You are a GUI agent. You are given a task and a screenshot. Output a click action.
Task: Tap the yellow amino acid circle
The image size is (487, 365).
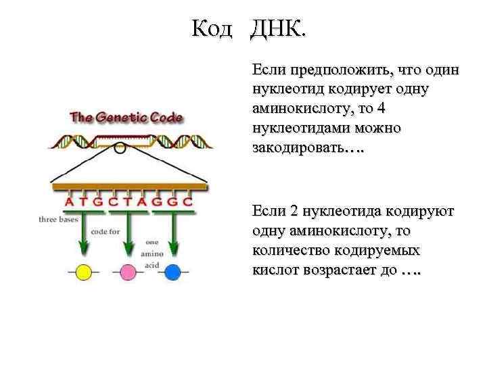pyautogui.click(x=83, y=272)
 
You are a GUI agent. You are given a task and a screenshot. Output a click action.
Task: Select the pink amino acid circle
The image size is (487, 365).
pyautogui.click(x=128, y=272)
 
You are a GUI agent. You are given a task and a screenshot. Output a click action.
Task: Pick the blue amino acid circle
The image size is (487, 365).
pyautogui.click(x=173, y=272)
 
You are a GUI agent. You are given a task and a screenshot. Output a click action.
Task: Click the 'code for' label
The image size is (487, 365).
pyautogui.click(x=106, y=231)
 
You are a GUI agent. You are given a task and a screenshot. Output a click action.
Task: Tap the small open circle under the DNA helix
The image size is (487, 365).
pyautogui.click(x=120, y=148)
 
